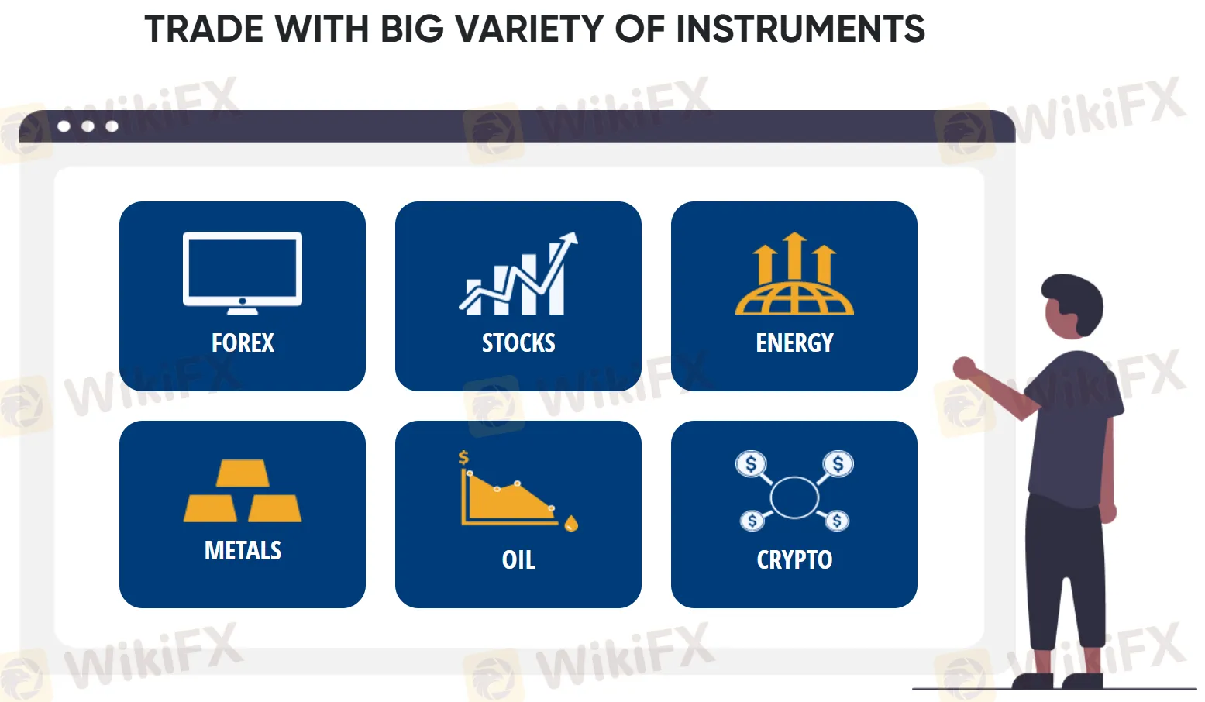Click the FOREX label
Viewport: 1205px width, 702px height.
(243, 342)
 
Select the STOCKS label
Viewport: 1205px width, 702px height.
(518, 342)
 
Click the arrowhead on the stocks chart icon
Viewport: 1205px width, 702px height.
(570, 239)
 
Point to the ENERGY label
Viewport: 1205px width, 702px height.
(794, 342)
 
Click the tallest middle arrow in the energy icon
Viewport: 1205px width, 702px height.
(794, 256)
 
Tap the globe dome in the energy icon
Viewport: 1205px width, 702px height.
(794, 299)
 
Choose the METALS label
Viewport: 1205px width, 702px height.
(243, 550)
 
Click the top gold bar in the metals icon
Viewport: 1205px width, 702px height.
(243, 473)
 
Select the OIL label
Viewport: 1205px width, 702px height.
(518, 559)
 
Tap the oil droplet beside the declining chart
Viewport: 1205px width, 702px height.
(571, 524)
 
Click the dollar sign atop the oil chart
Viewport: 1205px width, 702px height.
(463, 457)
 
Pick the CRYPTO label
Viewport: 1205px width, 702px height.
(794, 559)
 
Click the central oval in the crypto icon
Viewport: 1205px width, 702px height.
(794, 497)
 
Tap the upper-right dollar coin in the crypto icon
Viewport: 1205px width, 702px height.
(838, 464)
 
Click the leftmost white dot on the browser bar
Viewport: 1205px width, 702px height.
(64, 126)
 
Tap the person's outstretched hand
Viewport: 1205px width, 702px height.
(963, 367)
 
